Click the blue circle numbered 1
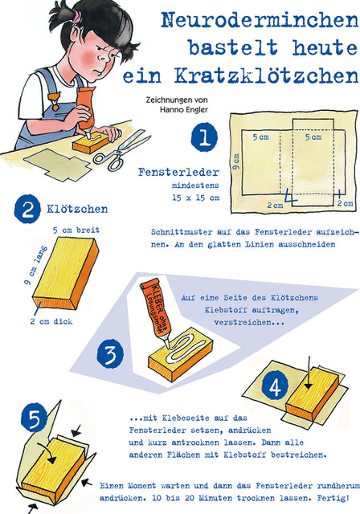click(x=204, y=137)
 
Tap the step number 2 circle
click(x=27, y=209)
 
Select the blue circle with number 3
click(x=110, y=354)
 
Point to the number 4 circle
click(x=275, y=387)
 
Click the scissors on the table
click(x=122, y=150)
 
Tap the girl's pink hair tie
click(x=77, y=17)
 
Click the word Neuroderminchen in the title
click(x=260, y=19)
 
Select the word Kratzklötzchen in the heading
click(x=266, y=76)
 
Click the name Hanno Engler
click(x=184, y=109)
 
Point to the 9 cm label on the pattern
click(x=236, y=162)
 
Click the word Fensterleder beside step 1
click(x=178, y=172)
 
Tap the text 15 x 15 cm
click(x=196, y=198)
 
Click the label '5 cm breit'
click(x=76, y=230)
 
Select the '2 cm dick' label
click(x=51, y=321)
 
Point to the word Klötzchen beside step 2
click(x=77, y=209)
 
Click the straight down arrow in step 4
click(x=309, y=372)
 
